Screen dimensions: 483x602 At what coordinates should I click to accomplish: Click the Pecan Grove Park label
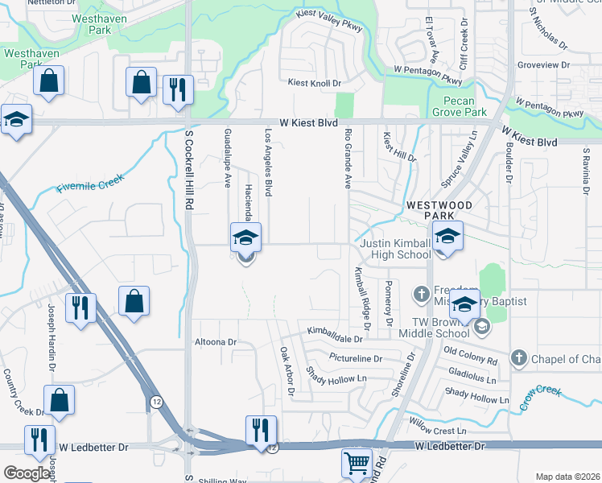[465, 107]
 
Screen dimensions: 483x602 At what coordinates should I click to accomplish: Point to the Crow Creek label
[540, 398]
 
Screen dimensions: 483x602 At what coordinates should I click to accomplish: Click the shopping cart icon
[357, 464]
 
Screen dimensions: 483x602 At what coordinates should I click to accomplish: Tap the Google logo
[26, 473]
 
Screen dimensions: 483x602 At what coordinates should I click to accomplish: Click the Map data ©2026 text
[567, 477]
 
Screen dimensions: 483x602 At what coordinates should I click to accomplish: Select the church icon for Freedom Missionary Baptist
[420, 295]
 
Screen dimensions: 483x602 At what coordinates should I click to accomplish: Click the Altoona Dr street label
[216, 342]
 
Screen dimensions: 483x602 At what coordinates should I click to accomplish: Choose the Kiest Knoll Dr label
[315, 83]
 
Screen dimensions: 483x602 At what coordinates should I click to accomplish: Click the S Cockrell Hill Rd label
[190, 171]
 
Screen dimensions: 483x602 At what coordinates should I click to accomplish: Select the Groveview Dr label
[544, 64]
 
